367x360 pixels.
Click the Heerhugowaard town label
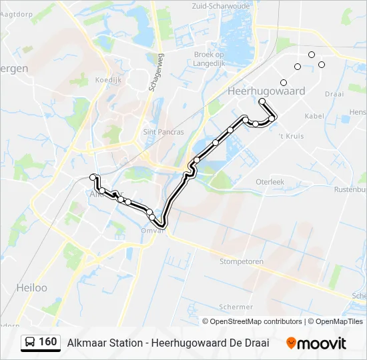[x=266, y=91]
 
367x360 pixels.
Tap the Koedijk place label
[x=107, y=79]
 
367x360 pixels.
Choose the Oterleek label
[x=270, y=181]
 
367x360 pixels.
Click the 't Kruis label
[x=291, y=135]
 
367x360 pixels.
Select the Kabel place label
[x=314, y=115]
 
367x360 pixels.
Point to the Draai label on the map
[x=334, y=94]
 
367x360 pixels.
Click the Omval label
[x=153, y=231]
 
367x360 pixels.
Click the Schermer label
[x=236, y=307]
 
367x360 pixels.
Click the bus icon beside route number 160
[x=31, y=343]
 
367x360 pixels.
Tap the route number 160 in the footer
[x=48, y=342]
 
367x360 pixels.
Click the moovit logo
[x=316, y=343]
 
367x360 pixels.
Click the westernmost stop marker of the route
[x=93, y=177]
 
